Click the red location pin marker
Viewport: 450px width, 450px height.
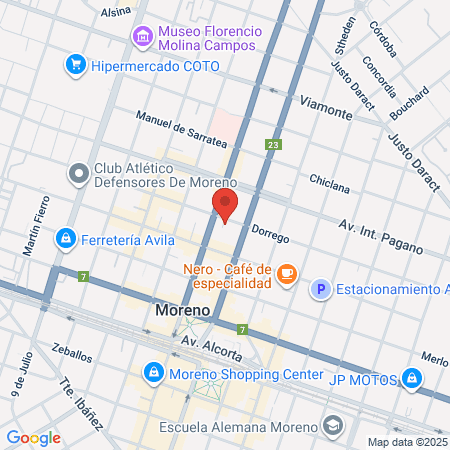point(225,206)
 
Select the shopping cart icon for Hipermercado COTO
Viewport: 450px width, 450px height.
point(75,65)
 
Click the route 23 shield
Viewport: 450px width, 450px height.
point(273,146)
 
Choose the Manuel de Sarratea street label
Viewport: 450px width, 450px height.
point(181,133)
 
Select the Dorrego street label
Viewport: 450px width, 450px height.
point(270,237)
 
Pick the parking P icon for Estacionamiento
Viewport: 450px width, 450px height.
point(320,291)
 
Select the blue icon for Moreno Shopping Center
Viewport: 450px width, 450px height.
point(154,375)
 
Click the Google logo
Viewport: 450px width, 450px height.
point(33,438)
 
